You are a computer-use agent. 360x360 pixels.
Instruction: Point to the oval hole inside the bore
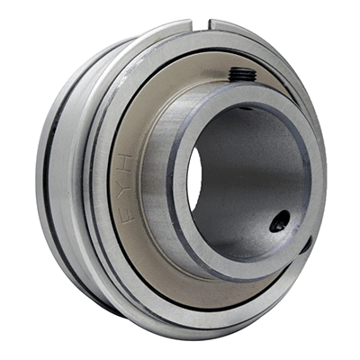click(280, 221)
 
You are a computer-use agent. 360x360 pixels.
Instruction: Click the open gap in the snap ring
click(201, 24)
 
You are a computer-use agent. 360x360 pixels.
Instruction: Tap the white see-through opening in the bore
click(194, 179)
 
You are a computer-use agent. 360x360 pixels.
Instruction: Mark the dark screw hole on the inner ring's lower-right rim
click(307, 245)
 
